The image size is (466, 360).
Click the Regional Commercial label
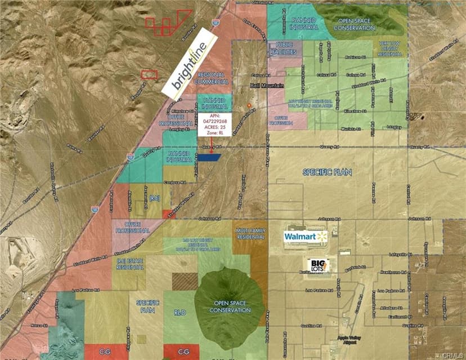(x=212, y=78)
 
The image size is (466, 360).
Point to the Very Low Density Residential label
(x=389, y=50)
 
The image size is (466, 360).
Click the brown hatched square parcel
(x=185, y=281)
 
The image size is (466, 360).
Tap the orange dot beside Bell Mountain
(x=249, y=106)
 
